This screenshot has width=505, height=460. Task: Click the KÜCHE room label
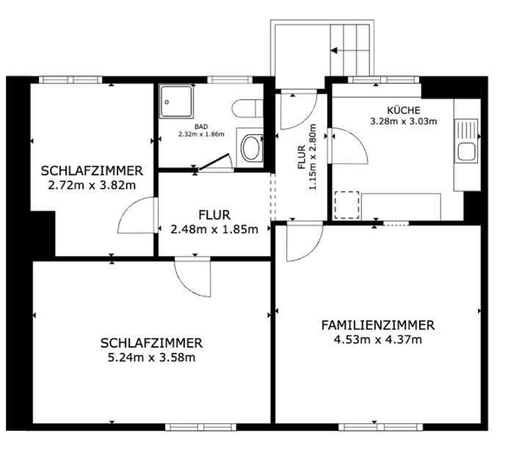(x=405, y=109)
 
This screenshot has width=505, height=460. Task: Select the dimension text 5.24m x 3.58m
(x=151, y=357)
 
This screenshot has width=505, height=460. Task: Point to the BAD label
(x=201, y=127)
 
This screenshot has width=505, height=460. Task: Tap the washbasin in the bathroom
(x=251, y=147)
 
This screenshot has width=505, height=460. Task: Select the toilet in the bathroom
(x=244, y=109)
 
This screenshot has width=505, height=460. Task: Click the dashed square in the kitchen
(x=346, y=205)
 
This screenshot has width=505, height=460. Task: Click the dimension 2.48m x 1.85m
(x=214, y=229)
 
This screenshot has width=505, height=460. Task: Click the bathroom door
(x=214, y=161)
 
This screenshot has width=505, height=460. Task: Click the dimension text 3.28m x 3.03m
(x=404, y=121)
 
